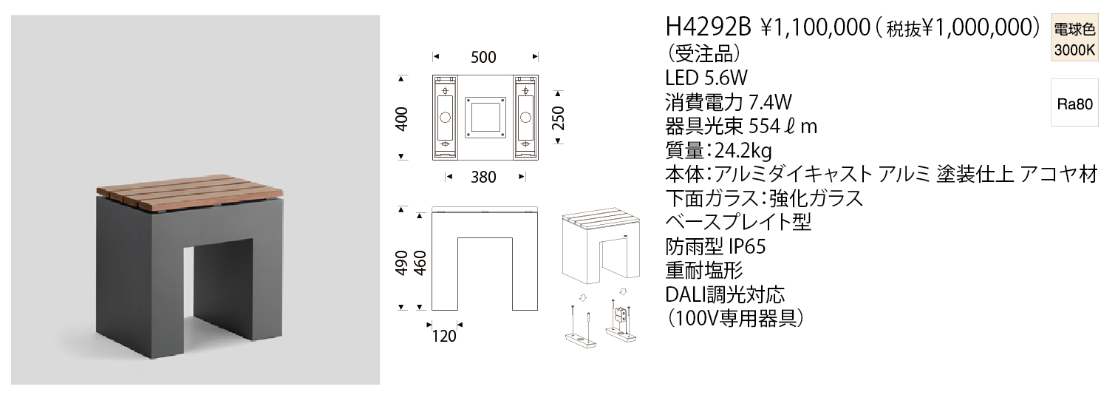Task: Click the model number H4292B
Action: (x=708, y=28)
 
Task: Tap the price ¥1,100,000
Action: (x=815, y=28)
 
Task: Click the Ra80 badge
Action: (x=1074, y=104)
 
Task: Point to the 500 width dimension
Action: (x=483, y=58)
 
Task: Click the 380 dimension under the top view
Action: (x=483, y=178)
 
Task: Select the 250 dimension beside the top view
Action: (x=558, y=118)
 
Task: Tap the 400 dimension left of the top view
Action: (x=402, y=119)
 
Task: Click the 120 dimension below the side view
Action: (x=444, y=336)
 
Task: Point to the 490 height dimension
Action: (x=402, y=263)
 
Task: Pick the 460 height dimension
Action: (x=420, y=263)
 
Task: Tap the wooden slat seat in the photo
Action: (x=190, y=195)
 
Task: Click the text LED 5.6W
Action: (x=706, y=78)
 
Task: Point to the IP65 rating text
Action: (x=747, y=246)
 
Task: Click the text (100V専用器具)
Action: (x=735, y=319)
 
